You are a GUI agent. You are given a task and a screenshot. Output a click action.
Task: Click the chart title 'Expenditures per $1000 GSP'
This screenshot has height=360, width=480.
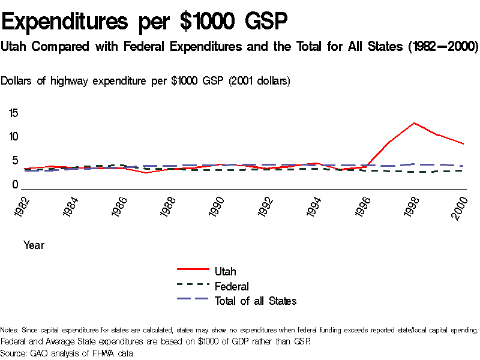(x=145, y=22)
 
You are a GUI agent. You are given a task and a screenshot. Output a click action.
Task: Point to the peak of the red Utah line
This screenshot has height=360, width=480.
(x=414, y=123)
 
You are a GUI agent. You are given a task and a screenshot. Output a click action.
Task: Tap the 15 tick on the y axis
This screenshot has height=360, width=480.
(x=13, y=113)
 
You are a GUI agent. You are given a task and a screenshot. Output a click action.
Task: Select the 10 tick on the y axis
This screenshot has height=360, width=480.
(x=13, y=137)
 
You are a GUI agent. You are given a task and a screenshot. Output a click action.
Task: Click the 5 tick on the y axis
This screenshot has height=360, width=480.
(x=16, y=161)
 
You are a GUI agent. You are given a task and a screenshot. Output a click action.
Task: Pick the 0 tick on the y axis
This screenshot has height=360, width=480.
(x=16, y=185)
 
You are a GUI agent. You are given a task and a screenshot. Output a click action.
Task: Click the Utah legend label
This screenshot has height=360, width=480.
(x=226, y=272)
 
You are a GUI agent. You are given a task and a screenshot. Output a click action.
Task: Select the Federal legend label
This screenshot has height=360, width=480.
(x=232, y=286)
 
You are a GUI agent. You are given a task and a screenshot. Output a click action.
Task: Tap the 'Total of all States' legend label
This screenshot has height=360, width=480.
(x=256, y=301)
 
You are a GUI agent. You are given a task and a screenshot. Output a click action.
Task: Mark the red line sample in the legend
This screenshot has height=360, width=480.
(x=193, y=271)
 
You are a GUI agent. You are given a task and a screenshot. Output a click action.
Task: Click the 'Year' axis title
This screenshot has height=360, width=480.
(x=34, y=245)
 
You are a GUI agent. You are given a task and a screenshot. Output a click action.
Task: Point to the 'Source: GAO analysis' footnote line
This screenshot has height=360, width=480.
(x=67, y=353)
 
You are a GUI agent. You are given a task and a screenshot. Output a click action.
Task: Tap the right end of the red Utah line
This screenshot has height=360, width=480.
(x=463, y=144)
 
